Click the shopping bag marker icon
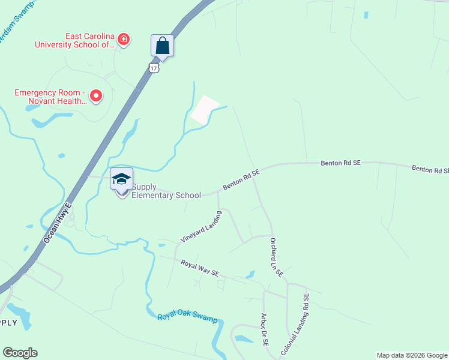point(162,45)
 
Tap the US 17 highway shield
point(155,68)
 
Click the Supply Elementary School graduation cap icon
point(122,179)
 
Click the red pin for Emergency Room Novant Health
point(95,95)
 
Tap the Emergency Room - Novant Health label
point(51,97)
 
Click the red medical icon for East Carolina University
point(124,40)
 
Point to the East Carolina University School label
point(74,40)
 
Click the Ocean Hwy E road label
point(57,223)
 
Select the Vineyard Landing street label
point(201,227)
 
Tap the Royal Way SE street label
point(200,268)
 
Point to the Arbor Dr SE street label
point(264,330)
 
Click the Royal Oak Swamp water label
point(187,318)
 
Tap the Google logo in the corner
point(20,353)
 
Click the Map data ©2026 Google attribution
point(412,355)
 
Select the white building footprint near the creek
point(205,110)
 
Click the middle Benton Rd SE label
point(340,163)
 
